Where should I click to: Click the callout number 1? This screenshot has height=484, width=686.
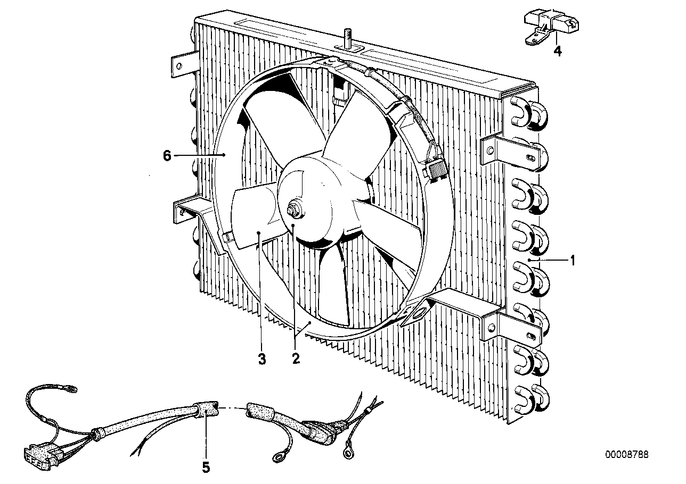pyautogui.click(x=573, y=261)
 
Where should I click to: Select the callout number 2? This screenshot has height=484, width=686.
pyautogui.click(x=296, y=358)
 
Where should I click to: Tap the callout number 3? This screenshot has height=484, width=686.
pyautogui.click(x=262, y=359)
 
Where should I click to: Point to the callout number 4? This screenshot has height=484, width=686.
pyautogui.click(x=557, y=52)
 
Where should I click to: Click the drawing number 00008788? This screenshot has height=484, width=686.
pyautogui.click(x=626, y=455)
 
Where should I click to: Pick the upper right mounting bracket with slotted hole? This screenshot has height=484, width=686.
pyautogui.click(x=514, y=151)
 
